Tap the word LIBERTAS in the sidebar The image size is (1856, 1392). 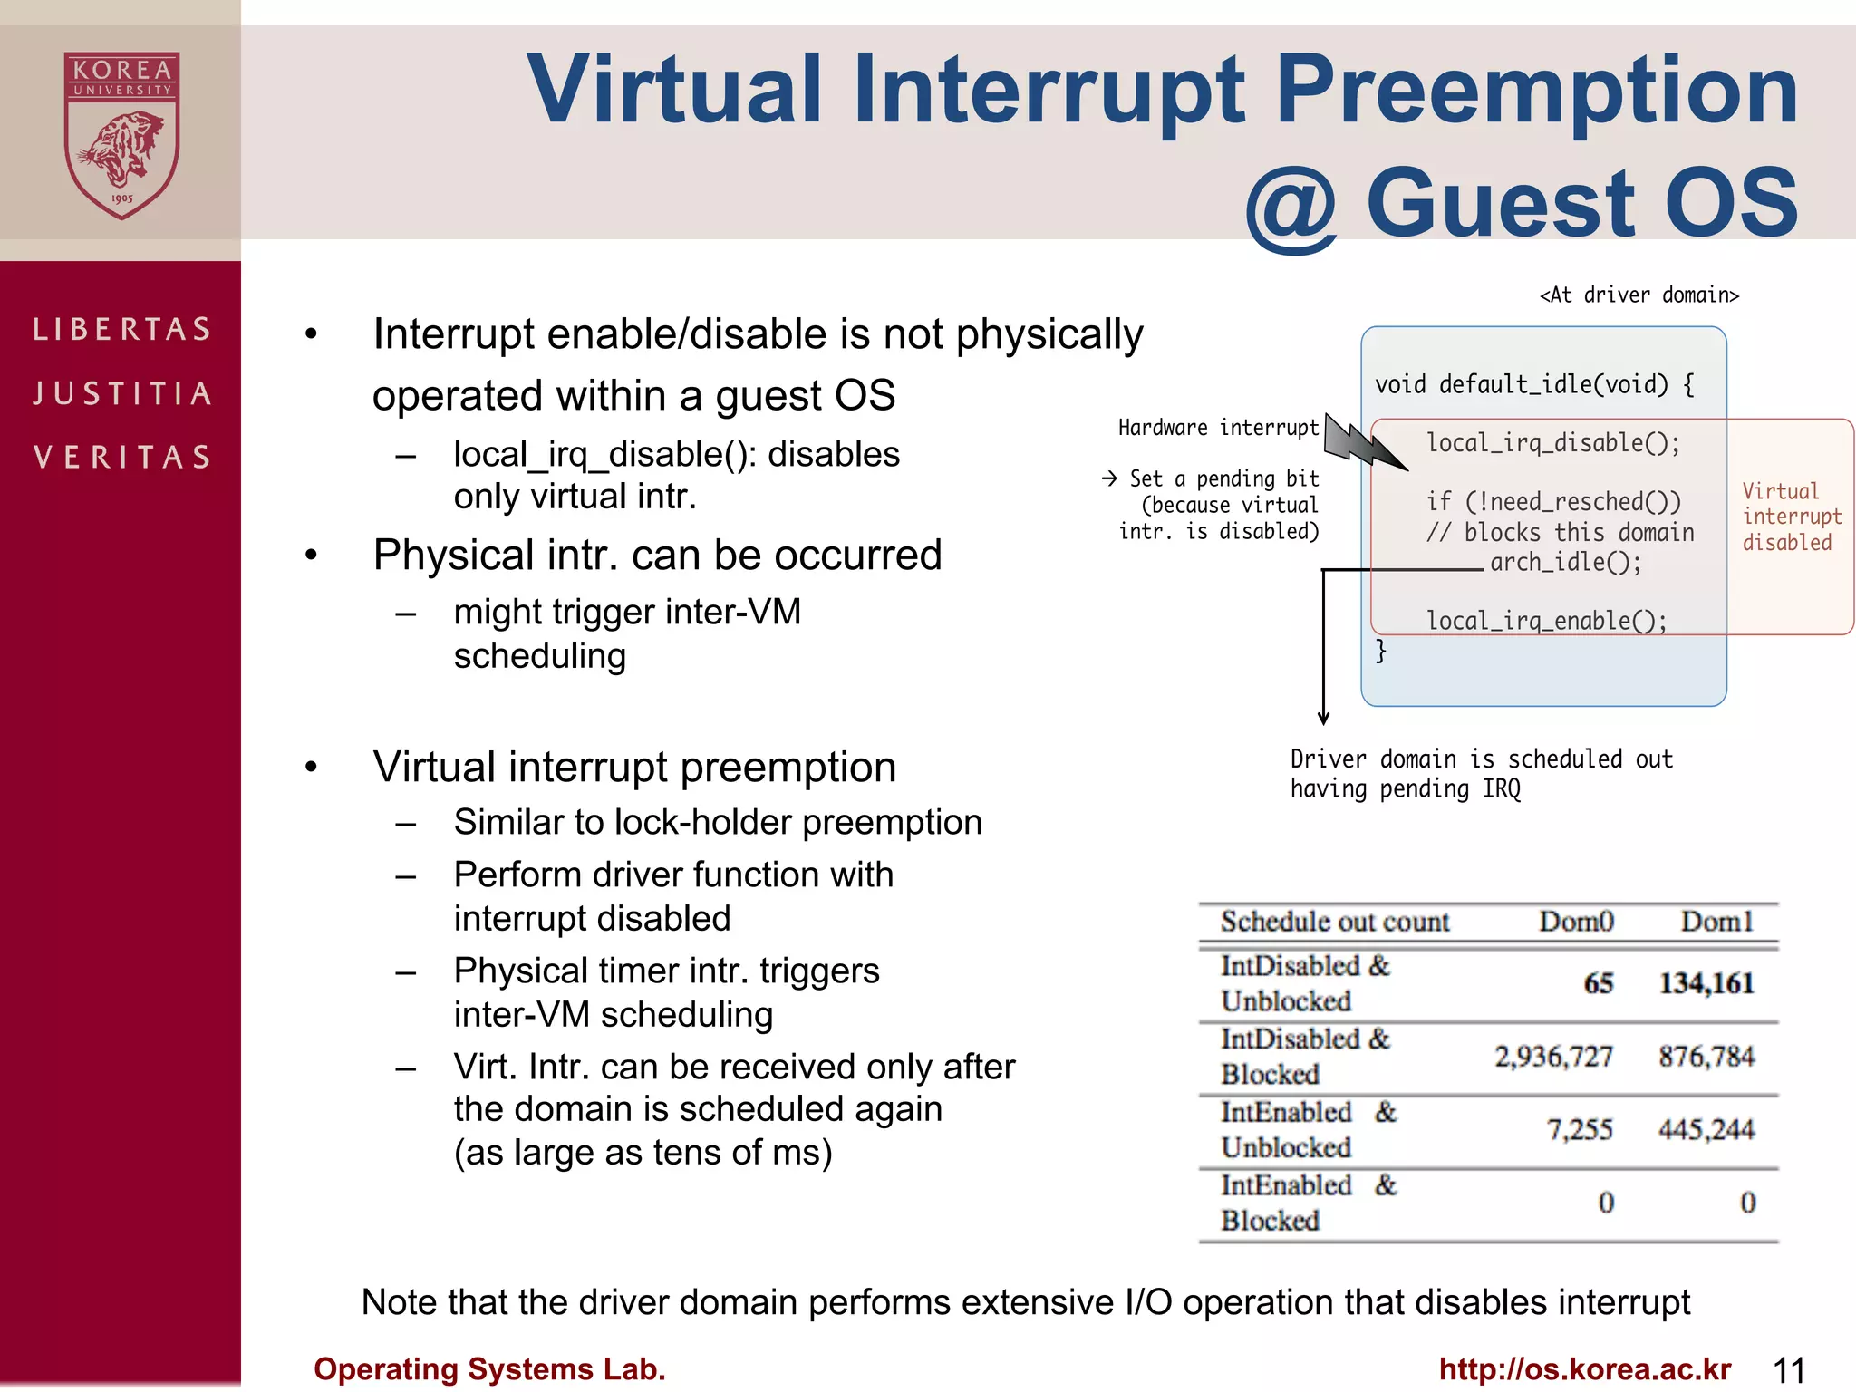(122, 329)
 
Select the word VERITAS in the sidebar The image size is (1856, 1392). (122, 457)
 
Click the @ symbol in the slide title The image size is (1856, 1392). (1290, 207)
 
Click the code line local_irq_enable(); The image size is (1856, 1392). (1546, 621)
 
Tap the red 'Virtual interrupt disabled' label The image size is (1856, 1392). (1790, 517)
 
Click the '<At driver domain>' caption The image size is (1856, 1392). (1638, 295)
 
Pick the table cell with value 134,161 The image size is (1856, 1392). (1706, 983)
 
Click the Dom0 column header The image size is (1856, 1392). (1576, 922)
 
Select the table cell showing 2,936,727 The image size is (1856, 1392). (1553, 1057)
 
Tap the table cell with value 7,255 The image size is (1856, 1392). (1580, 1130)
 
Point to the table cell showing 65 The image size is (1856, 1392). (1599, 983)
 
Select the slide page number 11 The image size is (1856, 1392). (1789, 1370)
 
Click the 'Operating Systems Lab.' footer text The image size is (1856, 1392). (489, 1369)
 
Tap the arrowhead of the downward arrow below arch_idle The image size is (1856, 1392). (1323, 718)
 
